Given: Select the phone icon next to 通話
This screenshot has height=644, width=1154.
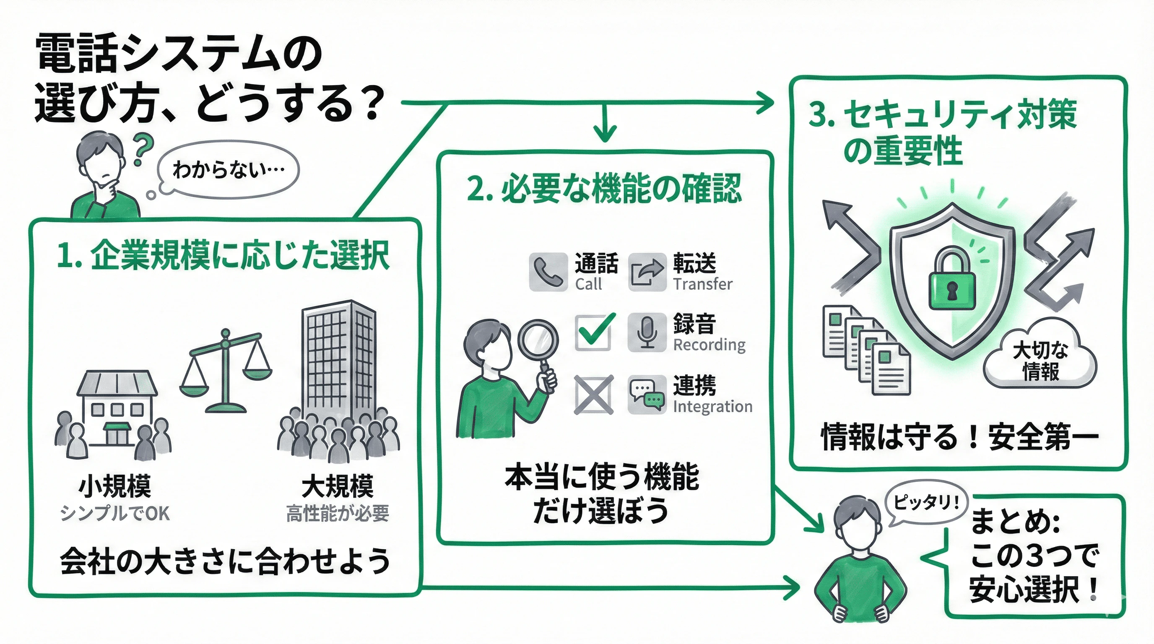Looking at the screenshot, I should pyautogui.click(x=548, y=272).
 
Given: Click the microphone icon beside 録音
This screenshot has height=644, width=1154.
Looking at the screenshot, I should pyautogui.click(x=647, y=332).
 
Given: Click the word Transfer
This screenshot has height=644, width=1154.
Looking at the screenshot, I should pyautogui.click(x=702, y=284).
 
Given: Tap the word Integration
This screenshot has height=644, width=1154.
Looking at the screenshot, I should pyautogui.click(x=712, y=407).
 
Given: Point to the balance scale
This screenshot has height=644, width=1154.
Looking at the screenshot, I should pyautogui.click(x=226, y=372).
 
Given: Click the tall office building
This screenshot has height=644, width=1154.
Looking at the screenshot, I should pyautogui.click(x=338, y=358).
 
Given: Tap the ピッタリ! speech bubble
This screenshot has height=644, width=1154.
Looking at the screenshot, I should pyautogui.click(x=925, y=502).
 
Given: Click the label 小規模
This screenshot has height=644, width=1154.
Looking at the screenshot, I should pyautogui.click(x=114, y=486).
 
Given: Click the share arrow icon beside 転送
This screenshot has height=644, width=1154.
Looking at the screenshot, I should pyautogui.click(x=647, y=272).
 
